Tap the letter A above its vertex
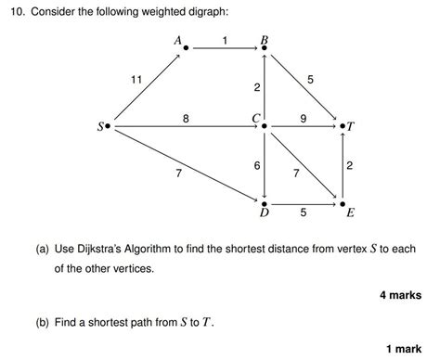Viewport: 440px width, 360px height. coord(177,41)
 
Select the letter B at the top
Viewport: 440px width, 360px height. coord(265,41)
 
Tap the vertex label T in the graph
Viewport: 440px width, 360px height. coord(352,125)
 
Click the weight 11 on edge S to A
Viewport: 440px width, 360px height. coord(136,81)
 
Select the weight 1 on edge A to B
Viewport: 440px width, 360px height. coord(225,40)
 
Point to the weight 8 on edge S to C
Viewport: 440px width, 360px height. coord(187,117)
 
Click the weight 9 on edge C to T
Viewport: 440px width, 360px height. coord(304,117)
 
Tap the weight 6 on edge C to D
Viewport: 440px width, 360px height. coord(256,164)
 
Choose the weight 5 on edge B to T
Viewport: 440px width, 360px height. coord(310,82)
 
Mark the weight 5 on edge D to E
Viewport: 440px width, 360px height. coord(304,212)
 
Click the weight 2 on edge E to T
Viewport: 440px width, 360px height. coord(349,165)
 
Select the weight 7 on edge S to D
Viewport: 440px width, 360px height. coord(178,172)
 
